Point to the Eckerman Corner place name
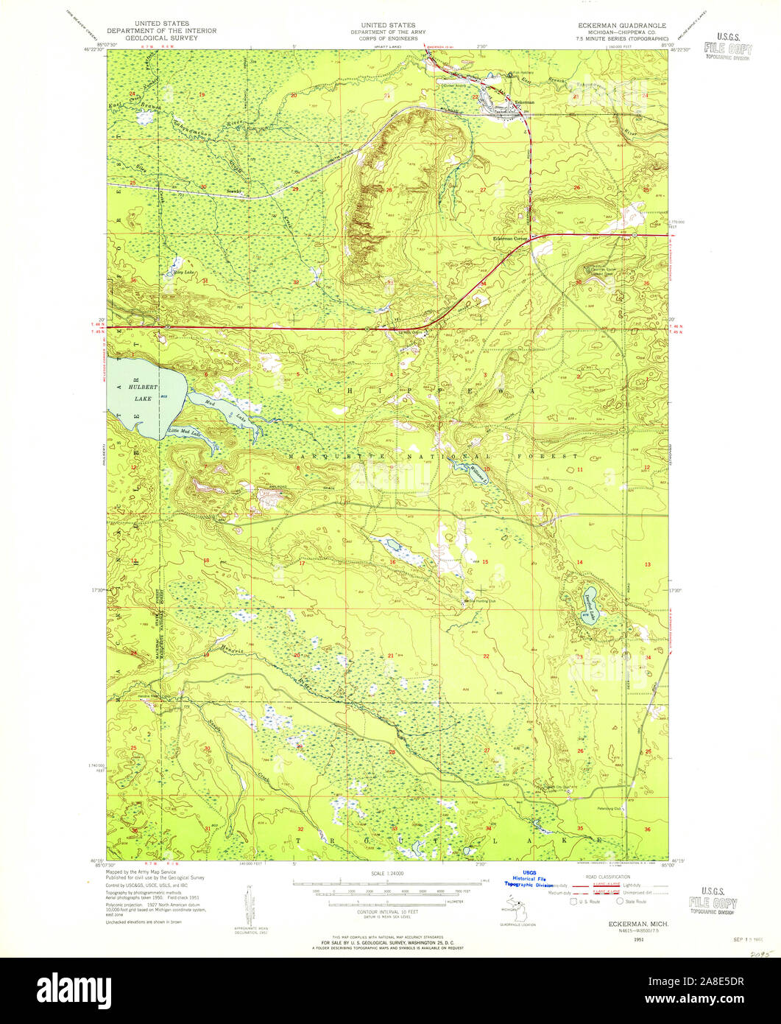click(x=511, y=238)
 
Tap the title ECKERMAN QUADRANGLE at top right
click(x=622, y=25)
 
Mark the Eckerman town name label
click(x=524, y=101)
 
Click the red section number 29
click(x=296, y=189)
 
